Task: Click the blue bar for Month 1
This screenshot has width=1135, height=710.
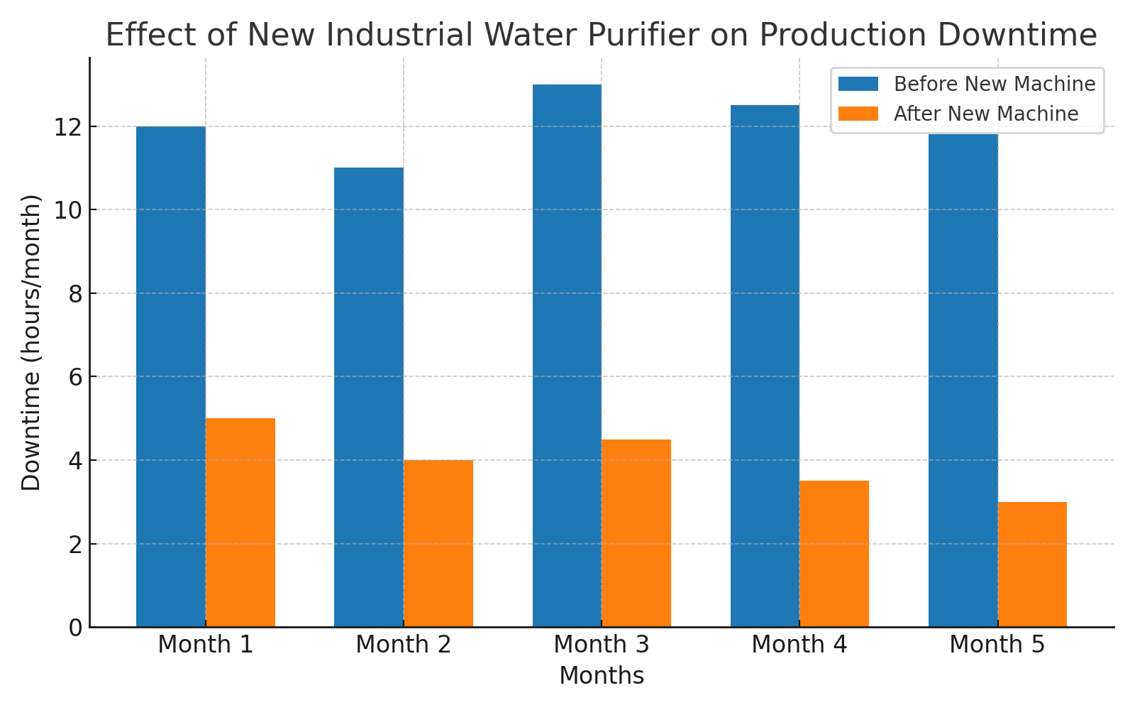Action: pos(171,377)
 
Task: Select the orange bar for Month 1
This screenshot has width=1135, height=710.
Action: pos(240,523)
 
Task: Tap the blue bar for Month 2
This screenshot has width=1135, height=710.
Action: pos(369,398)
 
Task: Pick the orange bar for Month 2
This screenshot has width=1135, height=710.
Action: pos(438,544)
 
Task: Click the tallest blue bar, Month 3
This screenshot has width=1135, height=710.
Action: pos(567,356)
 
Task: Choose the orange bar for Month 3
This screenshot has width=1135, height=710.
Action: pos(636,533)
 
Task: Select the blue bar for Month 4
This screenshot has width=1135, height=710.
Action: pos(765,366)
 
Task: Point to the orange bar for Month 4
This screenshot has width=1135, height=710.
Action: pos(834,555)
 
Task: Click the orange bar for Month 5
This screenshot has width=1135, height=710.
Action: pos(1032,564)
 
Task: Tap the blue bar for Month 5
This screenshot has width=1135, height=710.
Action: pos(963,381)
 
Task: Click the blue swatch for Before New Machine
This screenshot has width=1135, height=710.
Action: pos(858,84)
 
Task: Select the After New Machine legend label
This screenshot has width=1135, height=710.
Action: pos(986,114)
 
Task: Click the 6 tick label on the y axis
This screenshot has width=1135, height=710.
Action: pos(76,377)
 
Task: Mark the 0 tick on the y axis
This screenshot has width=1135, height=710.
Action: pos(76,628)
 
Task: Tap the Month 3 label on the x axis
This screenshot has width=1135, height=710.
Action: pos(602,645)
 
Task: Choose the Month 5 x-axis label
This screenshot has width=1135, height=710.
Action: pos(997,645)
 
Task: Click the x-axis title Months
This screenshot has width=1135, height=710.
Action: pos(602,675)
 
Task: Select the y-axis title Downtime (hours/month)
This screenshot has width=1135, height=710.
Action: pos(31,343)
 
